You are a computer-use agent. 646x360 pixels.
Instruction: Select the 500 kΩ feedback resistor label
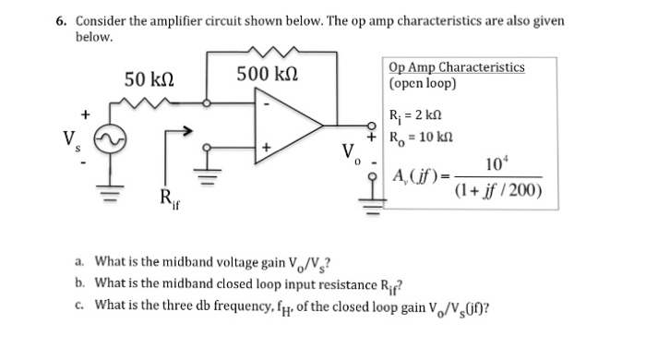(x=267, y=73)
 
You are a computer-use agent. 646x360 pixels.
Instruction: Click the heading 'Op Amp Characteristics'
(x=457, y=67)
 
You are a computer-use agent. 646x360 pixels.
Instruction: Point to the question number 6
(x=60, y=20)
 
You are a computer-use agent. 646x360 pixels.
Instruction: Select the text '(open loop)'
(x=423, y=82)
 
